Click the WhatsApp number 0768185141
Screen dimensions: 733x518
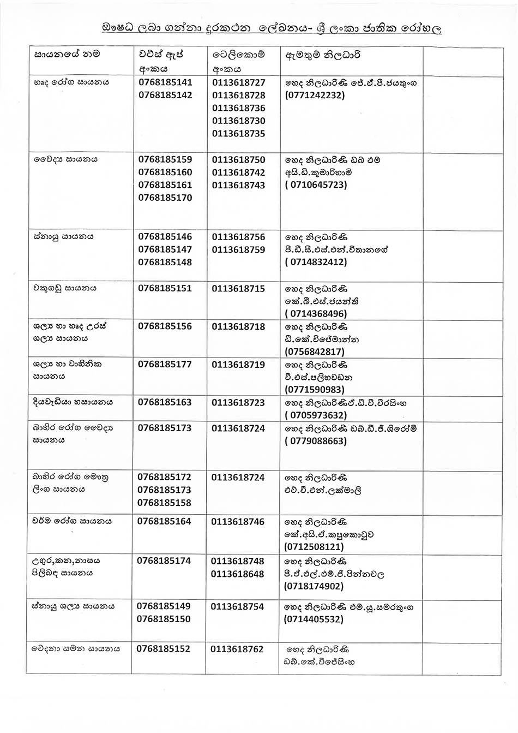[165, 82]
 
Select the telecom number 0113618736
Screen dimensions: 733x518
[239, 108]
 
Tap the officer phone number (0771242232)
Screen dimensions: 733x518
[315, 95]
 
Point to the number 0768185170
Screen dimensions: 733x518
[165, 198]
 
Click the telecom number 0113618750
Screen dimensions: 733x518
[239, 159]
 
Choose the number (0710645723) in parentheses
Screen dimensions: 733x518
[316, 184]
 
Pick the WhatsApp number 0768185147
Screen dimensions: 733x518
[165, 249]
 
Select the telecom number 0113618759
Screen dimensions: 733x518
[239, 249]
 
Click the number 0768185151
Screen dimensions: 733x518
[165, 288]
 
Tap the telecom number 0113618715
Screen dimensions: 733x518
[239, 288]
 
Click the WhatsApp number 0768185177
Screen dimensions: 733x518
[165, 364]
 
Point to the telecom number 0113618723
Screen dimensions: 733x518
[239, 402]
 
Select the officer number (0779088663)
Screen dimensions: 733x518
[316, 441]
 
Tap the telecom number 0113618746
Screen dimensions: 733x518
[238, 521]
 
